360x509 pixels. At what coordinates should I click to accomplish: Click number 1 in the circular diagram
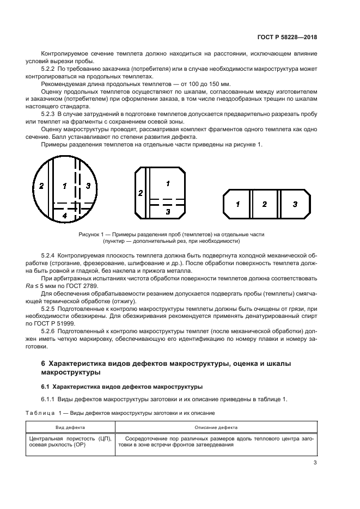coord(65,186)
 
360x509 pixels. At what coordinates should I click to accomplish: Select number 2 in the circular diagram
coord(41,186)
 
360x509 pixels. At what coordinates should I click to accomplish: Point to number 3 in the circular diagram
coord(88,186)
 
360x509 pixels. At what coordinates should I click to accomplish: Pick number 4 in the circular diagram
coord(64,216)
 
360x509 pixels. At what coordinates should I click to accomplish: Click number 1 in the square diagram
coord(167,183)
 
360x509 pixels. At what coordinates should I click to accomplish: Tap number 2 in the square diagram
coord(141,193)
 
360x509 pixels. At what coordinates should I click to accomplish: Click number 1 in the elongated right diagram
coord(237,204)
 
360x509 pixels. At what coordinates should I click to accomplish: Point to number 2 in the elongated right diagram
coord(265,204)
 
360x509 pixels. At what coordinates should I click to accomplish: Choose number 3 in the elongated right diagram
coord(295,204)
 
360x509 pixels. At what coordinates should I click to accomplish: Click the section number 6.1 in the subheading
coord(46,387)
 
